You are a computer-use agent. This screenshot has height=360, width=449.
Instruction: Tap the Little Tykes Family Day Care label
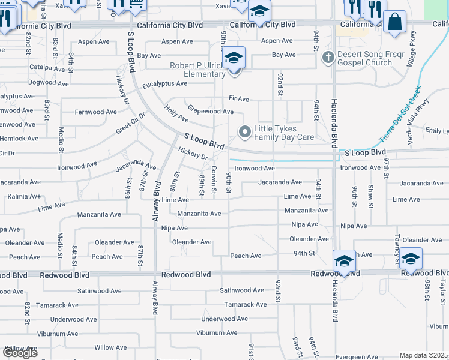[284, 133]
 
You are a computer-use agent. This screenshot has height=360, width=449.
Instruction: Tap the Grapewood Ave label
[211, 112]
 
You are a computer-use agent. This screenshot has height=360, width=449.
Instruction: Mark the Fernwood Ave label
[95, 112]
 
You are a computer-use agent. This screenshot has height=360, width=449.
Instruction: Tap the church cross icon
[327, 58]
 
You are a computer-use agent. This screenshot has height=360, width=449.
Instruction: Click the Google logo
[20, 353]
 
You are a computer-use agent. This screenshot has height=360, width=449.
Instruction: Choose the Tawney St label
[397, 242]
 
